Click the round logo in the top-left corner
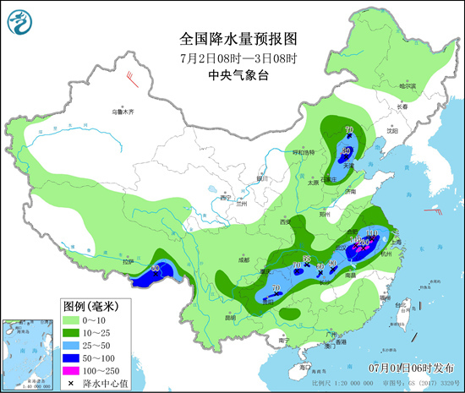click(18, 18)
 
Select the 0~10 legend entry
click(94, 321)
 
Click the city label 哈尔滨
click(408, 86)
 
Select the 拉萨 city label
click(128, 261)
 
